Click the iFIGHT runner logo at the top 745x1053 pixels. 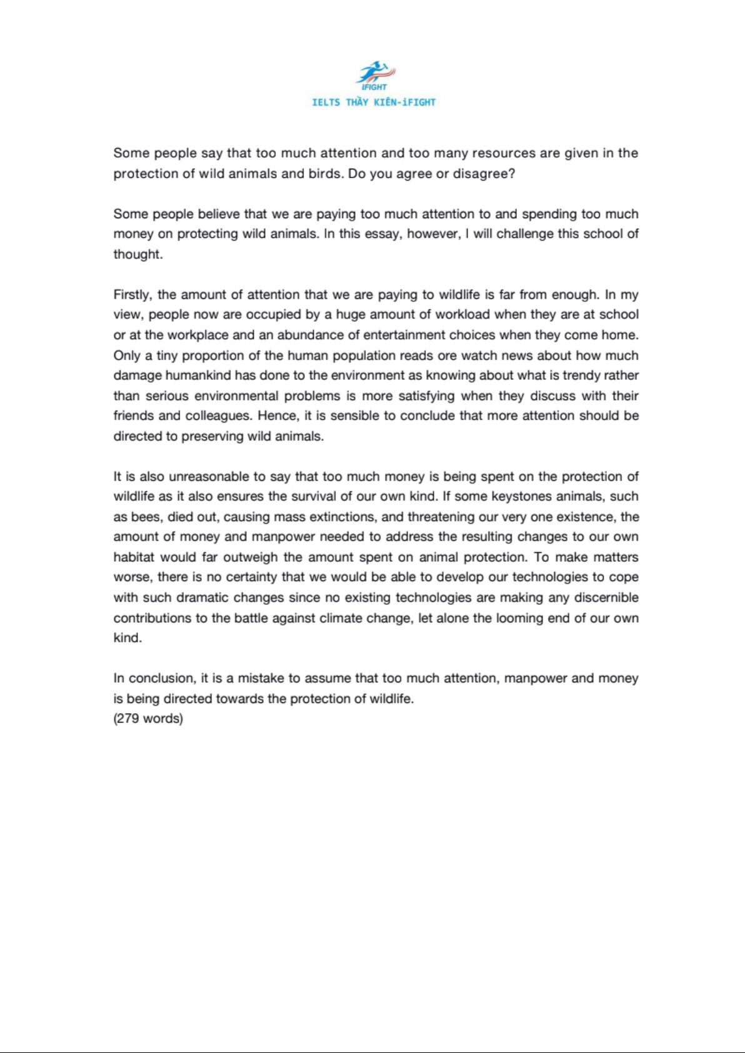pos(374,75)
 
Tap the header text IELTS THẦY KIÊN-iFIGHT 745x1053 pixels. pos(374,102)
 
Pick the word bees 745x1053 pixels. pos(145,517)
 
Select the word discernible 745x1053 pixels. pos(606,598)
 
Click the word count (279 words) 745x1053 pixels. pos(148,719)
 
